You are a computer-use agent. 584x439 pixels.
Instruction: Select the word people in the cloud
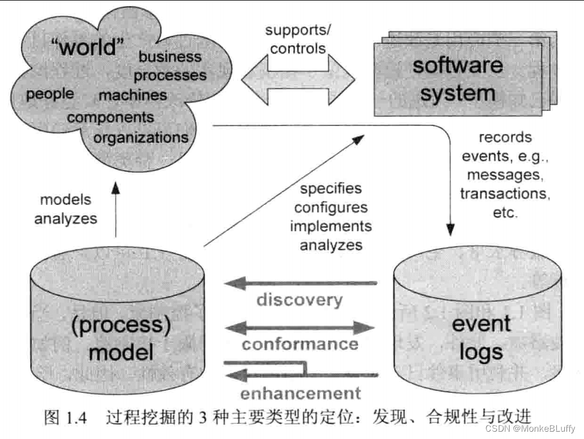50,93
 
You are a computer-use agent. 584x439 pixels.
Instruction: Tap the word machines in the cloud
133,95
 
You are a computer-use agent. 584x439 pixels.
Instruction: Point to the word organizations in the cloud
141,137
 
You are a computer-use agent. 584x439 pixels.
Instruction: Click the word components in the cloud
110,118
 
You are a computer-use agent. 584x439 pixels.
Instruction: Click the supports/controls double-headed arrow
298,79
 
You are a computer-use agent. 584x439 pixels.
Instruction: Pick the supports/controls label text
298,39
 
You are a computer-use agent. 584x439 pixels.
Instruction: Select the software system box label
457,79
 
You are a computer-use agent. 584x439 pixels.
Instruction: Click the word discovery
299,299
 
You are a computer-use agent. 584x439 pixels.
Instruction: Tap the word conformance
300,343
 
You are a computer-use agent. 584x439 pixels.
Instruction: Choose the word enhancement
300,392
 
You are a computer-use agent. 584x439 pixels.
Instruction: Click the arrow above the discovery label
300,283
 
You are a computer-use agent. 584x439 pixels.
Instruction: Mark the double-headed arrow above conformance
300,326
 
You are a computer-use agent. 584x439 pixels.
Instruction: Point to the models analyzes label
65,209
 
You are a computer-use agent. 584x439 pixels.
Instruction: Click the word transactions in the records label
504,194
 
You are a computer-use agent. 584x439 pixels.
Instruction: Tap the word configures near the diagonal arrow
330,207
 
